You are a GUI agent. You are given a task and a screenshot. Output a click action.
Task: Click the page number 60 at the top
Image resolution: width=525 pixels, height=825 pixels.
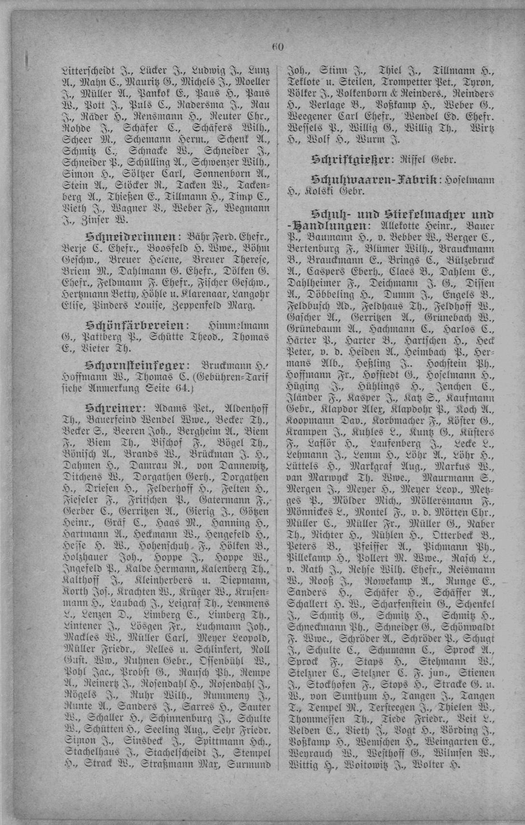pos(277,47)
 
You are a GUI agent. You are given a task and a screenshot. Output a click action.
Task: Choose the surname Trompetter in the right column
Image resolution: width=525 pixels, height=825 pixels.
pos(412,82)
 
